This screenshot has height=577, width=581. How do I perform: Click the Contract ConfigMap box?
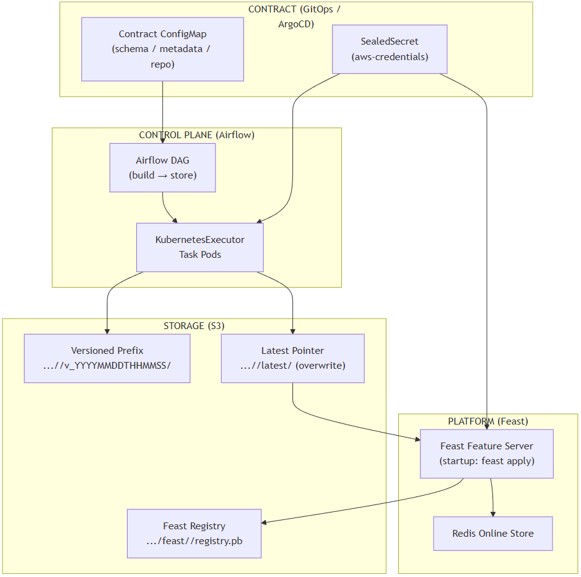[162, 49]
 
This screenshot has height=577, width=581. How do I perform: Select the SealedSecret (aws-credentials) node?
[390, 49]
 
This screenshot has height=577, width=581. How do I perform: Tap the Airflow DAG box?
[162, 167]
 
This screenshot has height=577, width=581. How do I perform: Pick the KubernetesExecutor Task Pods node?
[199, 247]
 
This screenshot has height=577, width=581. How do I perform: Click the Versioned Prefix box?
[107, 358]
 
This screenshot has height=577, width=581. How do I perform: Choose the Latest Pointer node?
[292, 358]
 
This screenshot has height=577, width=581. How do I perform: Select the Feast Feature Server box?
[486, 454]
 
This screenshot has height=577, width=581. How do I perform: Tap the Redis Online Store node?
[492, 533]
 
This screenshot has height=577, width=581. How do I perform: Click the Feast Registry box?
[194, 534]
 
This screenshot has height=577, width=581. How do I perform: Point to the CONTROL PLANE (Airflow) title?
[196, 135]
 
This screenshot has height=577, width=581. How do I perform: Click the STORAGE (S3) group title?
[194, 325]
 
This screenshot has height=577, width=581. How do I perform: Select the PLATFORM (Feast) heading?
[487, 421]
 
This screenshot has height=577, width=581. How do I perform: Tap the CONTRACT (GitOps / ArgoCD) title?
[295, 16]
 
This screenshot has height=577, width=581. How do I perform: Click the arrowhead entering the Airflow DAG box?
[162, 140]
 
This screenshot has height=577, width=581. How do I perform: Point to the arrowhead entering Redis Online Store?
[493, 513]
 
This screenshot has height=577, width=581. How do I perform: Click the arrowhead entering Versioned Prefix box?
[107, 331]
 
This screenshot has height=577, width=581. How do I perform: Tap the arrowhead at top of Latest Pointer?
[292, 331]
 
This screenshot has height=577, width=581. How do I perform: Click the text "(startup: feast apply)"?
[486, 461]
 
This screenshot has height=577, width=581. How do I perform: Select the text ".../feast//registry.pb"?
[194, 541]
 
